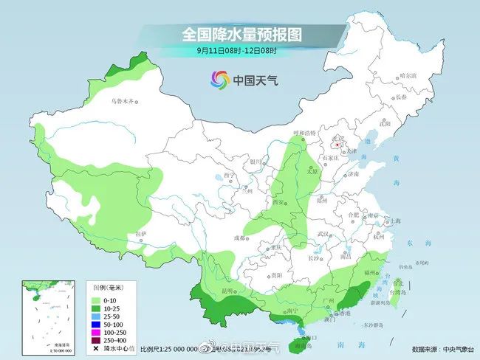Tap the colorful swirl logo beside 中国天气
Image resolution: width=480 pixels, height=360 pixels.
coord(220,79)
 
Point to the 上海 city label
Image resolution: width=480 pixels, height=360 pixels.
coord(395,221)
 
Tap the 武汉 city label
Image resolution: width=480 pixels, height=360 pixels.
coord(321,234)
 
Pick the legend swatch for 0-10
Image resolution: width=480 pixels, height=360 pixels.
coord(97,300)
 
